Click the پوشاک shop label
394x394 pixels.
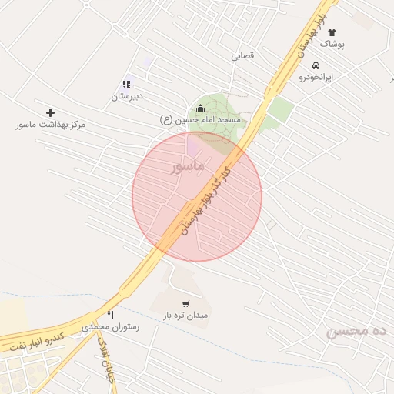pyautogui.click(x=333, y=45)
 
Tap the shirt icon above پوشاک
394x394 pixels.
pyautogui.click(x=332, y=33)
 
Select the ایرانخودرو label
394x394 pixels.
pyautogui.click(x=316, y=78)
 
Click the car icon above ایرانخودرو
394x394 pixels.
pyautogui.click(x=316, y=66)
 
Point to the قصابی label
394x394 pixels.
pyautogui.click(x=243, y=56)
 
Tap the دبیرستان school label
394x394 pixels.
pyautogui.click(x=127, y=96)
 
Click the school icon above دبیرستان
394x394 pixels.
pyautogui.click(x=126, y=84)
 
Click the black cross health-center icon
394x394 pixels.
pyautogui.click(x=51, y=112)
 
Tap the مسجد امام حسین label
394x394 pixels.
pyautogui.click(x=201, y=120)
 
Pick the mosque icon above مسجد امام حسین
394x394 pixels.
pyautogui.click(x=201, y=108)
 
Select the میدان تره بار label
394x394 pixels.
pyautogui.click(x=185, y=316)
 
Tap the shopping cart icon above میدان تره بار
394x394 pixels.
pyautogui.click(x=185, y=303)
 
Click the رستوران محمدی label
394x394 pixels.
pyautogui.click(x=110, y=327)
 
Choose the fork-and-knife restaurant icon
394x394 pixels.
pyautogui.click(x=110, y=315)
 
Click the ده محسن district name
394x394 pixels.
pyautogui.click(x=355, y=332)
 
